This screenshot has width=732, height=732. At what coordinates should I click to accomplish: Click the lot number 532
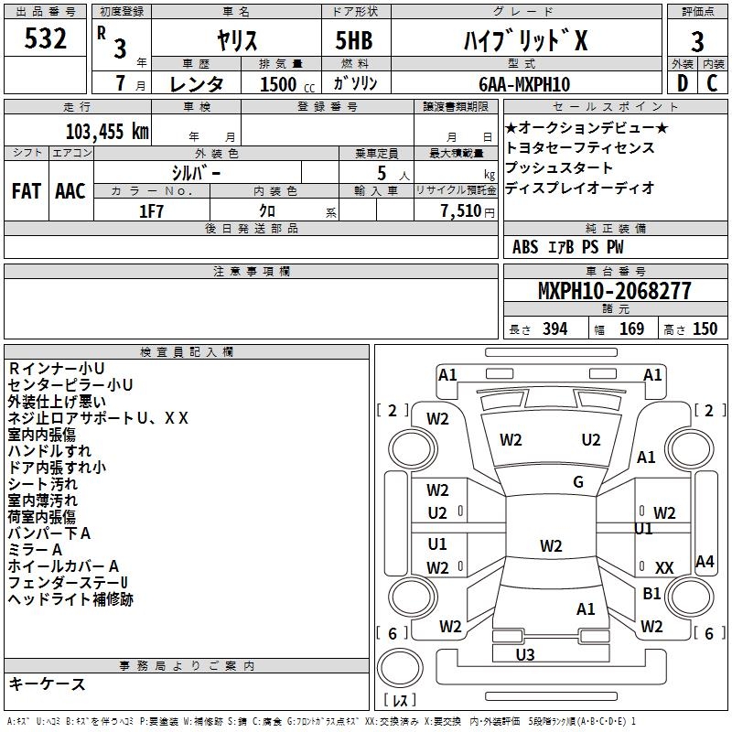(x=45, y=38)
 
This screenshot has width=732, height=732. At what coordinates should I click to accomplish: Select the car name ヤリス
(x=237, y=40)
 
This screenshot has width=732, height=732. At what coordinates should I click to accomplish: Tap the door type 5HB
(x=354, y=40)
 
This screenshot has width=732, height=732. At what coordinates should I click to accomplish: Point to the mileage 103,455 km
(x=107, y=132)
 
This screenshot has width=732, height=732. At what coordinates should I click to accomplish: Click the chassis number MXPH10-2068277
(x=614, y=291)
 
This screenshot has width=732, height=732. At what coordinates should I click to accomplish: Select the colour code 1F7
(x=151, y=211)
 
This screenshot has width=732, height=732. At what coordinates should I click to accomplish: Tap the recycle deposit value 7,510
(x=461, y=211)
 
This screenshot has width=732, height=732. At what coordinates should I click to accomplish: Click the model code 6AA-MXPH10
(x=524, y=84)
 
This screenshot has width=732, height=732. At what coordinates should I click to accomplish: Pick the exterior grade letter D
(x=683, y=83)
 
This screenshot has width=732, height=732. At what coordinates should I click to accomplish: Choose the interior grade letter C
(x=712, y=83)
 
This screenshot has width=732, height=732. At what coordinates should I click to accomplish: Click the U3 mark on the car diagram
(x=525, y=654)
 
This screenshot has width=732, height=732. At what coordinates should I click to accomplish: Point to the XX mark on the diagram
(x=664, y=567)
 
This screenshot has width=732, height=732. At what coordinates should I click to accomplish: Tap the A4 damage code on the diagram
(x=705, y=561)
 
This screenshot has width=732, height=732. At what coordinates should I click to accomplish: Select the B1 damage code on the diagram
(x=651, y=593)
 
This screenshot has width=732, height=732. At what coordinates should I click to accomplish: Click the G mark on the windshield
(x=578, y=482)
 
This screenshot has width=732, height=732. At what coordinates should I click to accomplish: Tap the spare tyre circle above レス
(x=400, y=667)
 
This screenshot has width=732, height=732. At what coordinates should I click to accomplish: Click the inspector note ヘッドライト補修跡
(x=70, y=599)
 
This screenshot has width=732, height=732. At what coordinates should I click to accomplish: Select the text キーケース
(x=48, y=684)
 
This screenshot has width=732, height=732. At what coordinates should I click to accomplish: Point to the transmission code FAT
(x=27, y=191)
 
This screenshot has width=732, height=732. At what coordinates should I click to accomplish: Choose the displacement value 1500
(x=278, y=84)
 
